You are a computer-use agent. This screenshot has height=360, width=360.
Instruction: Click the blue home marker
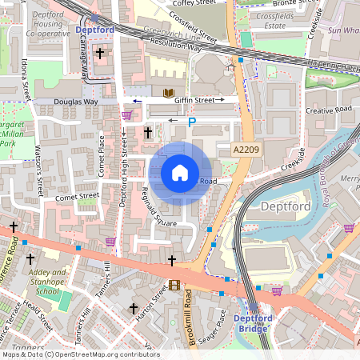180,173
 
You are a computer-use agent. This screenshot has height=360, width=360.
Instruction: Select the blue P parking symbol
190,122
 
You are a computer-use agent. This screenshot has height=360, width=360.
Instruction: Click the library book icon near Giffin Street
168,94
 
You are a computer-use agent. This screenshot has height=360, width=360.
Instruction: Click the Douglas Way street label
76,102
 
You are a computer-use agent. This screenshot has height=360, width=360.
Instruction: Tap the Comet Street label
78,194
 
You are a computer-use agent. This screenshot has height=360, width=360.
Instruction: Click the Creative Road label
328,110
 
